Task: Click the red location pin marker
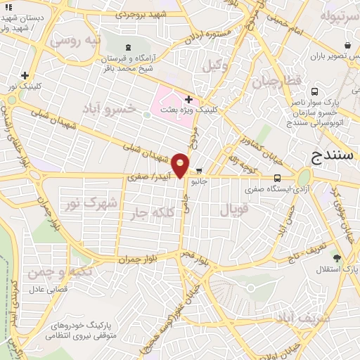point(181,165)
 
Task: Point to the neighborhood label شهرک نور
point(91,203)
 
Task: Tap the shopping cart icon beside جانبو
point(199,170)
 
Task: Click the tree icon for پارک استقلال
point(337,258)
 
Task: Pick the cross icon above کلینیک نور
point(26,75)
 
